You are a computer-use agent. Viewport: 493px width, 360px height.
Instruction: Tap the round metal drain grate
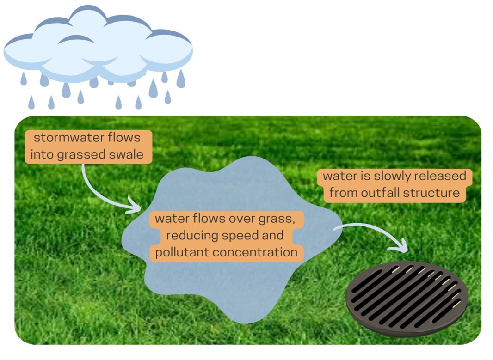coord(407,295)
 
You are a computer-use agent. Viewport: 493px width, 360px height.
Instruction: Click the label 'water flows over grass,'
coord(224,218)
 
